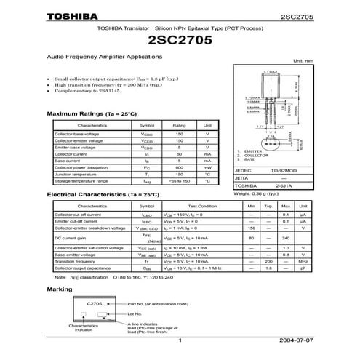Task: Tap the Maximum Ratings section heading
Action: click(92, 115)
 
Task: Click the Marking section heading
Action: click(59, 289)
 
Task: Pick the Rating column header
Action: click(179, 125)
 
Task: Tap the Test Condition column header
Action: click(202, 207)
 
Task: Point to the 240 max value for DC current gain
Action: click(285, 238)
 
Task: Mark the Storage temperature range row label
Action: click(81, 181)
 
